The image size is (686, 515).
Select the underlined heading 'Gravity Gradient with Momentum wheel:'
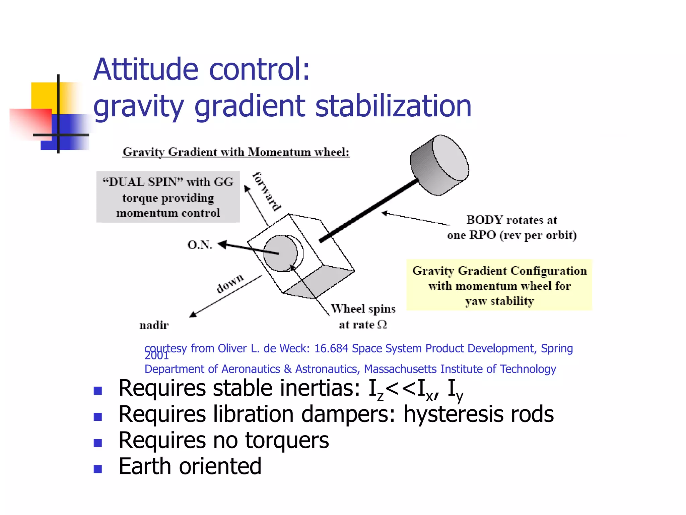point(236,152)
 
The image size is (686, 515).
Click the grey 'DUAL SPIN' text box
point(168,197)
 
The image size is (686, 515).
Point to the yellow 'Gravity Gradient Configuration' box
point(499,285)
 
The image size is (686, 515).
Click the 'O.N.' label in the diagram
point(200,245)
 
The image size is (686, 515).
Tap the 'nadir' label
point(154,325)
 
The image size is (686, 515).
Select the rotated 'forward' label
point(267,191)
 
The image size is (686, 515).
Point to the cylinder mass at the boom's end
point(439,165)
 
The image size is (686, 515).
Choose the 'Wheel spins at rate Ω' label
point(363,317)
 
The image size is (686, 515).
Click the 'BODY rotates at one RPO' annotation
point(512,227)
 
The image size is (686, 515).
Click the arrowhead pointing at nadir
point(193,314)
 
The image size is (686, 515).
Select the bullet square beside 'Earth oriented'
point(98,468)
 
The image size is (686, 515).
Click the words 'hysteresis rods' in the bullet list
point(479,414)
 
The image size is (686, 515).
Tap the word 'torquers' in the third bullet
point(287,440)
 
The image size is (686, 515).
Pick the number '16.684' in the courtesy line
point(331,349)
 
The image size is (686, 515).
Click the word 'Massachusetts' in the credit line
point(400,369)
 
